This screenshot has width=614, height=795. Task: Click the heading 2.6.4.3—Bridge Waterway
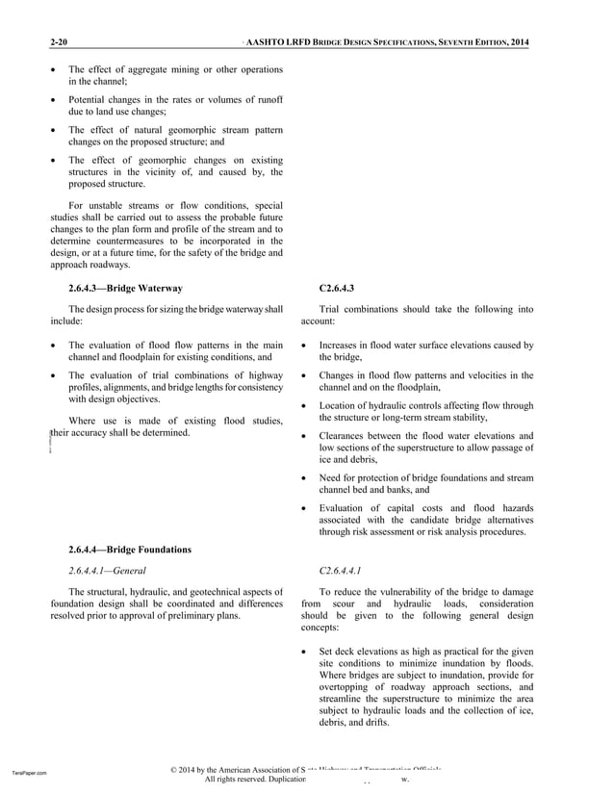(x=125, y=288)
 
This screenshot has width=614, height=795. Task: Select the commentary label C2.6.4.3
(x=336, y=288)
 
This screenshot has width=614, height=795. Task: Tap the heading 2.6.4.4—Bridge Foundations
(x=130, y=550)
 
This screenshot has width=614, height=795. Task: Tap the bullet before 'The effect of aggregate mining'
(x=53, y=70)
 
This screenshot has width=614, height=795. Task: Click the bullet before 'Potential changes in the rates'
(x=53, y=100)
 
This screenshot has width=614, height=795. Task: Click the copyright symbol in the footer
(x=172, y=771)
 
